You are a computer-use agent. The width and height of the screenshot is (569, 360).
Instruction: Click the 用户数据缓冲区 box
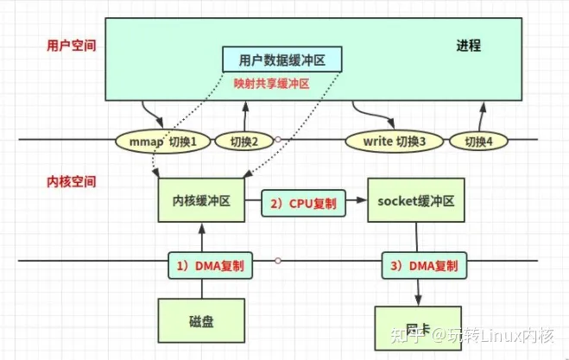282,60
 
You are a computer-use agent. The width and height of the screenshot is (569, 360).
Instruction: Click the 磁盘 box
200,321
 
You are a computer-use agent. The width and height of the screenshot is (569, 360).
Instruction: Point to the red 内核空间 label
72,182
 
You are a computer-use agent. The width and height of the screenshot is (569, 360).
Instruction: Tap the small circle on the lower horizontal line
278,261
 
